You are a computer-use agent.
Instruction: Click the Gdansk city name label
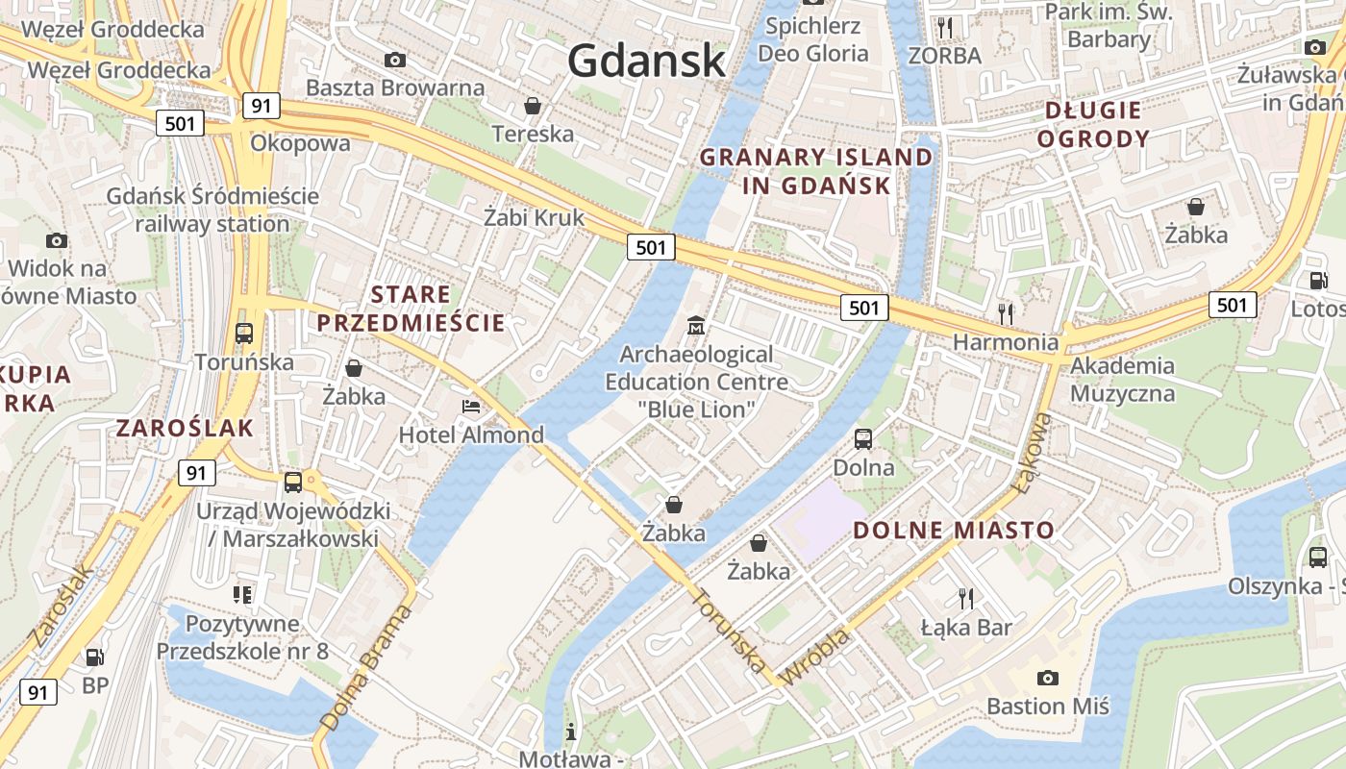646,61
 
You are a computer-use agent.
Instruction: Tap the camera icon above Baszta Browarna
394,60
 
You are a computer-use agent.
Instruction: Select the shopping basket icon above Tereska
532,105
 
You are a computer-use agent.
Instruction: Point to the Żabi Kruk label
535,217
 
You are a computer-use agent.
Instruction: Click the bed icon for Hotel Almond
470,407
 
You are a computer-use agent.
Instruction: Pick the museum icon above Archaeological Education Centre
696,326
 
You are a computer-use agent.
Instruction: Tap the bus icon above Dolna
863,439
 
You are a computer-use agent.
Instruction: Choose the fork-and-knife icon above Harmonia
1006,312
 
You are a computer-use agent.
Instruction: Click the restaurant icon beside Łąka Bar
966,598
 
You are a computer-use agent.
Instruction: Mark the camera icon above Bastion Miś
1048,678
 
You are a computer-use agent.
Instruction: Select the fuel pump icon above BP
94,657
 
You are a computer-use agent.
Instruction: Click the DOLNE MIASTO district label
954,530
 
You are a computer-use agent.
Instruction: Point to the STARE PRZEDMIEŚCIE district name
411,309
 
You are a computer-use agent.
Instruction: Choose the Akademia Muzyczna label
1122,379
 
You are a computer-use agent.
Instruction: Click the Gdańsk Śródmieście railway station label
212,210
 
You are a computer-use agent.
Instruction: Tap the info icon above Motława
571,732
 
